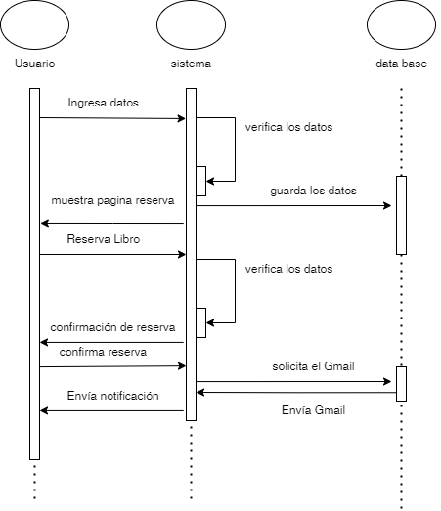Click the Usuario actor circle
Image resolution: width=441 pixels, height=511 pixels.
[x=35, y=25]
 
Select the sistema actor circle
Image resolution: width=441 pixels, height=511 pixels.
[x=191, y=25]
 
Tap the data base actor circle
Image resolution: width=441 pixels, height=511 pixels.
[x=401, y=25]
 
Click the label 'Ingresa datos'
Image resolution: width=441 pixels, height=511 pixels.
[x=104, y=103]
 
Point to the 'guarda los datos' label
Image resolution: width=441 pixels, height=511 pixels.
[x=314, y=191]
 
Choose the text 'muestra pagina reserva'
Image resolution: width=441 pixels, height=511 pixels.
[x=113, y=201]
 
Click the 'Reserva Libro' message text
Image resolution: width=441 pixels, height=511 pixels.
[x=104, y=238]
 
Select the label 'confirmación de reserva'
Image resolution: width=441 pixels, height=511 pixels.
[x=111, y=325]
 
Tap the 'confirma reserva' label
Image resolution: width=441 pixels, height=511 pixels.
[x=104, y=351]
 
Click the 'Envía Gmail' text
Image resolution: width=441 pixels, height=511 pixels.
[x=313, y=410]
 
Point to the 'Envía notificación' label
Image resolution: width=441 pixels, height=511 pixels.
[x=112, y=396]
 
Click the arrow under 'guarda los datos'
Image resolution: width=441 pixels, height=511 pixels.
[x=293, y=205]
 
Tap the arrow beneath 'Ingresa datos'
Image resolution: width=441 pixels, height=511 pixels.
[x=112, y=118]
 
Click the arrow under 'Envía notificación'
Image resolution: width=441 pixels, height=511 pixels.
[x=112, y=410]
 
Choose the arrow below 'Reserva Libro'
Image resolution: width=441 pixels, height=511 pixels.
[x=112, y=254]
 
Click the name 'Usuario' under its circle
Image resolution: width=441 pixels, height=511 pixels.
[x=35, y=64]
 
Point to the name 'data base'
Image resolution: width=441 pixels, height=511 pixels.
[x=401, y=64]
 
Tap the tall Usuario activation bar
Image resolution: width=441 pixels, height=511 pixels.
[x=34, y=274]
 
